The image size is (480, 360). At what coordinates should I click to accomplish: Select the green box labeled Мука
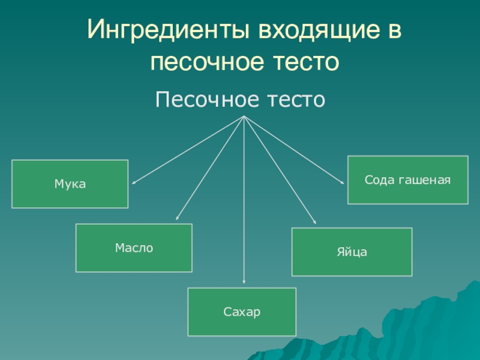[70, 184]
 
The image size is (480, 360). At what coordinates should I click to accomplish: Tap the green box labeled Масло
[134, 248]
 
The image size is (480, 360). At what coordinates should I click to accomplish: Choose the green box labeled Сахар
[242, 312]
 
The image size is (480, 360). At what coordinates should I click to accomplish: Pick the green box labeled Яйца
[352, 252]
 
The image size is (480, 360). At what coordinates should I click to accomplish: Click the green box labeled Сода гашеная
[408, 180]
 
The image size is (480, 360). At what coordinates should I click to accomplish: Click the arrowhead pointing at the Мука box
[134, 182]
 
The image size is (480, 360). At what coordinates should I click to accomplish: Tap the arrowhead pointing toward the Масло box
[177, 219]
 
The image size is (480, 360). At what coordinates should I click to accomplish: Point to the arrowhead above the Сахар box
[244, 280]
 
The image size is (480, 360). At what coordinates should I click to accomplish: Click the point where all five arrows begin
[244, 116]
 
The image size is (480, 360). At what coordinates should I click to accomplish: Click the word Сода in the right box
[379, 179]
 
